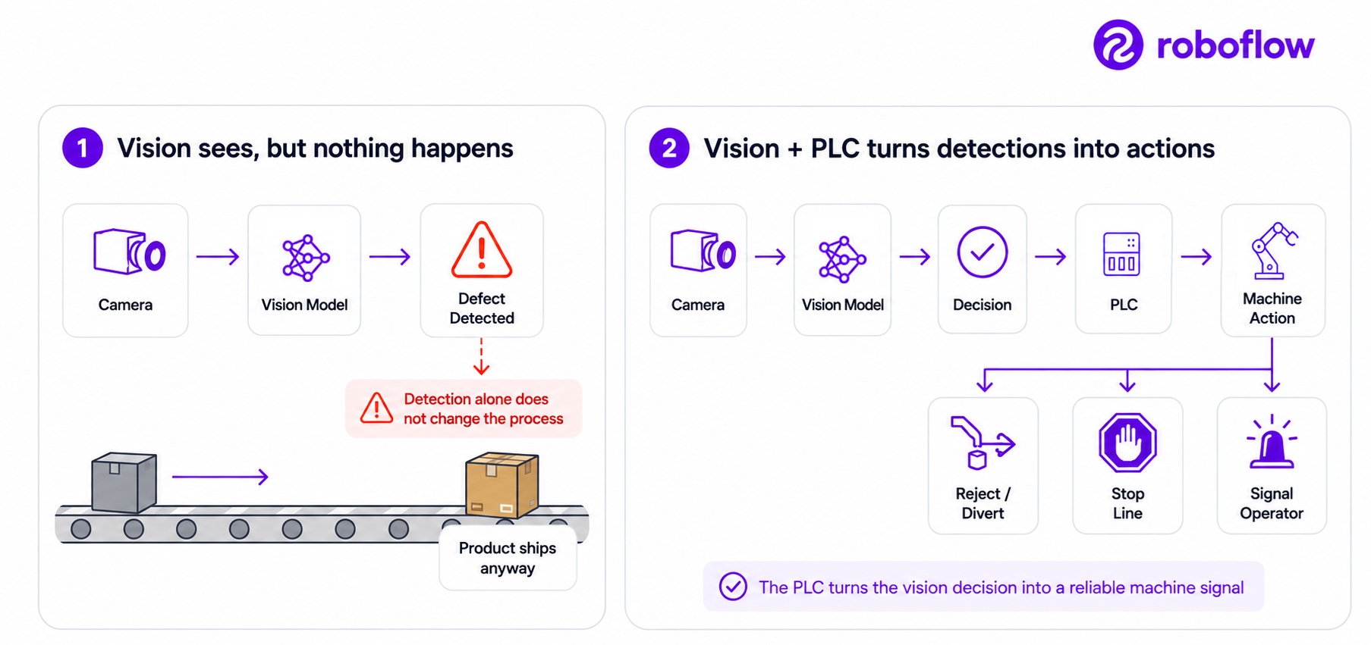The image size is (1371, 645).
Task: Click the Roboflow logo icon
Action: pyautogui.click(x=1118, y=45)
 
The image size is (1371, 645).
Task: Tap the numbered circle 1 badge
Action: pyautogui.click(x=83, y=148)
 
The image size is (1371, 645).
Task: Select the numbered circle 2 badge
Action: pyautogui.click(x=669, y=148)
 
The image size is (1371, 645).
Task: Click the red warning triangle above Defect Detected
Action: pyautogui.click(x=482, y=249)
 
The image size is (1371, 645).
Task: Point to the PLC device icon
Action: pyautogui.click(x=1121, y=254)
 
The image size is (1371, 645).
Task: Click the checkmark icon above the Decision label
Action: pyautogui.click(x=983, y=252)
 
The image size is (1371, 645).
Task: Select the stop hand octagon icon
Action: pyautogui.click(x=1127, y=443)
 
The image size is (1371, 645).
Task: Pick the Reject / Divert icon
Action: pyautogui.click(x=983, y=443)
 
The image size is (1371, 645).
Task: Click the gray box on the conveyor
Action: pyautogui.click(x=124, y=483)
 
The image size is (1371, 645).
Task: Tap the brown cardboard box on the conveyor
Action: pyautogui.click(x=502, y=485)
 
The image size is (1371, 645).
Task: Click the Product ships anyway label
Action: pyautogui.click(x=508, y=558)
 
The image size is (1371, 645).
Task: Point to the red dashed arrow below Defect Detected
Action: pyautogui.click(x=481, y=356)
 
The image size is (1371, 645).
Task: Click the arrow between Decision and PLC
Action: pyautogui.click(x=1051, y=257)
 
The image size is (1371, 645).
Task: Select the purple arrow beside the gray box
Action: pyautogui.click(x=220, y=477)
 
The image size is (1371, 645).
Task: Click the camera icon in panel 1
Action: pyautogui.click(x=130, y=252)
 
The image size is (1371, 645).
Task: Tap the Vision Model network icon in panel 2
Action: pyautogui.click(x=841, y=259)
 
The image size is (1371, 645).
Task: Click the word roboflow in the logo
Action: pyautogui.click(x=1235, y=45)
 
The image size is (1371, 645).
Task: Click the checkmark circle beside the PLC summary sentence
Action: pyautogui.click(x=733, y=586)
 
